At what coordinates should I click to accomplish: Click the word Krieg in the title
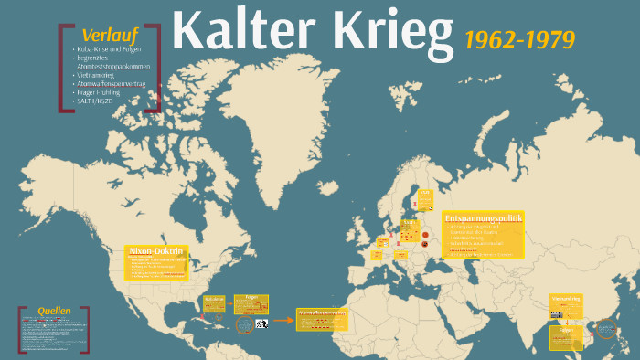click(388, 31)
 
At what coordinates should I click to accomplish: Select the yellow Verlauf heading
click(102, 34)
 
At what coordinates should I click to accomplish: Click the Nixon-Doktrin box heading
click(156, 250)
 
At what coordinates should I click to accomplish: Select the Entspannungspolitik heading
click(484, 219)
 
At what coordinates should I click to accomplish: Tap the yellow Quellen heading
click(55, 311)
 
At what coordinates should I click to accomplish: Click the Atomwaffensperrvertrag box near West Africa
click(322, 320)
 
